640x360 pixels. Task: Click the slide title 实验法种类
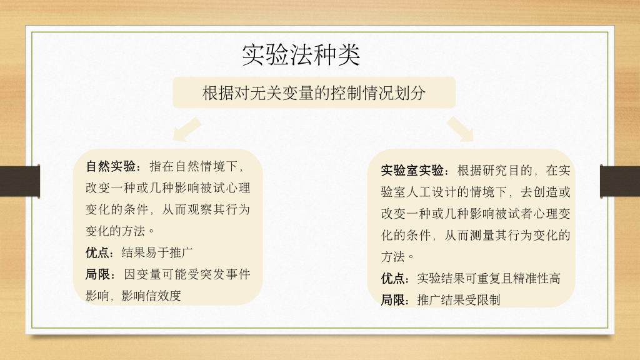click(x=301, y=55)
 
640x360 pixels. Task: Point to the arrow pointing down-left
click(x=187, y=129)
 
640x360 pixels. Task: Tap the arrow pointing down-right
click(x=461, y=129)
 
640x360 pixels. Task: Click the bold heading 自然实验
click(x=111, y=166)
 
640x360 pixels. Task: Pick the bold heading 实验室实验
click(x=412, y=170)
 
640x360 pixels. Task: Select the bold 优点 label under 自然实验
click(x=97, y=252)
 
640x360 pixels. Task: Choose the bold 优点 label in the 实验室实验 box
click(x=393, y=278)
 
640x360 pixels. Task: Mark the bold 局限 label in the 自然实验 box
click(x=97, y=274)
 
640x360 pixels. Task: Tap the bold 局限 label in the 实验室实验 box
click(x=393, y=300)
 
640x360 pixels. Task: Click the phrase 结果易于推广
click(x=157, y=252)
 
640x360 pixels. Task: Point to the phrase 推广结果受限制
click(x=459, y=300)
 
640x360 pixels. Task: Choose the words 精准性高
click(x=537, y=278)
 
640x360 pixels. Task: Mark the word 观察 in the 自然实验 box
click(x=199, y=209)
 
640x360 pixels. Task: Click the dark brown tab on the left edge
click(x=20, y=181)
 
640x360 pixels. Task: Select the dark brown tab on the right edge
click(x=620, y=181)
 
